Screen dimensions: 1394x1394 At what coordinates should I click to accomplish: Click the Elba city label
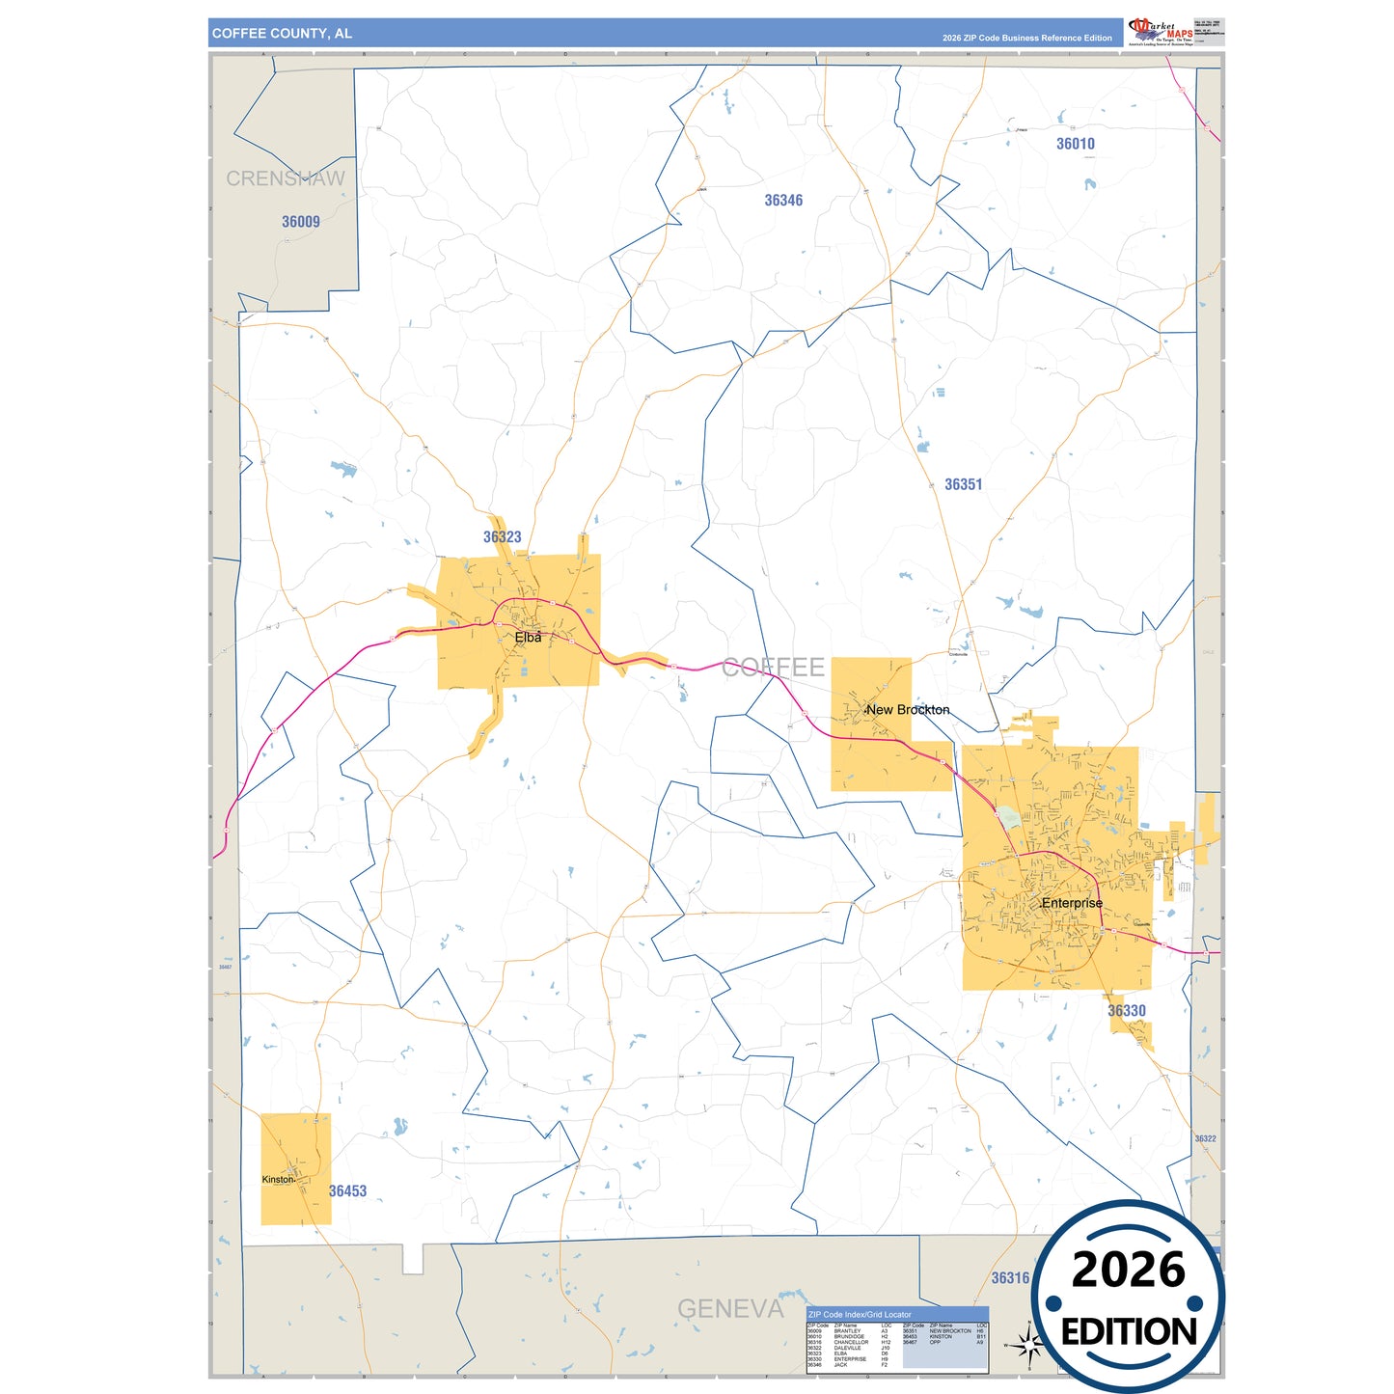[x=528, y=638]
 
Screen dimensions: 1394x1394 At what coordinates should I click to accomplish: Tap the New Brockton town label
[x=908, y=710]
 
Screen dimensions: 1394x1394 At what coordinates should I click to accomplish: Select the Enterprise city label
[x=1072, y=903]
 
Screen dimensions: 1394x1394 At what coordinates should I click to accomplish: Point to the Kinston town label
[x=278, y=1179]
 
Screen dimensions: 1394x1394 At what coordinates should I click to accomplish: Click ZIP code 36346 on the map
[x=783, y=201]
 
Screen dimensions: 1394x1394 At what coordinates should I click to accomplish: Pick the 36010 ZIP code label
[x=1075, y=144]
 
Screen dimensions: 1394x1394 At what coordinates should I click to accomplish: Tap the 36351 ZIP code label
[x=963, y=484]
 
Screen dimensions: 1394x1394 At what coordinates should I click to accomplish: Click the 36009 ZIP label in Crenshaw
[x=301, y=222]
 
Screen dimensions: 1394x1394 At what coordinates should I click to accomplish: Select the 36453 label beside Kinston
[x=347, y=1191]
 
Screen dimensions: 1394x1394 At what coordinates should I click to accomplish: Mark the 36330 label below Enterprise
[x=1127, y=1011]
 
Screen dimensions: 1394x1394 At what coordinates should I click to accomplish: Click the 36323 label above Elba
[x=502, y=537]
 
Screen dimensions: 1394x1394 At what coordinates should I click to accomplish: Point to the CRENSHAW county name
[x=285, y=178]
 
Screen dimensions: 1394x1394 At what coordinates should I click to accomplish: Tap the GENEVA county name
[x=730, y=1309]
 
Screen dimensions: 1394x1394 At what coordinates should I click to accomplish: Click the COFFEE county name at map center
[x=773, y=668]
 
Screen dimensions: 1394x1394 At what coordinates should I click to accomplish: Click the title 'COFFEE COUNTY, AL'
[x=282, y=34]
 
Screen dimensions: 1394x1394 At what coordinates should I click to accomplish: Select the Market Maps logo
[x=1161, y=32]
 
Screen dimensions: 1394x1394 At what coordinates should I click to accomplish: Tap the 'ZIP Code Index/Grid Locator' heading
[x=860, y=1315]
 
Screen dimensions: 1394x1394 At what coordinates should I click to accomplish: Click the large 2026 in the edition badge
[x=1128, y=1270]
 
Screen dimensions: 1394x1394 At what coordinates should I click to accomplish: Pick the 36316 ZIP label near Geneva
[x=1010, y=1278]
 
